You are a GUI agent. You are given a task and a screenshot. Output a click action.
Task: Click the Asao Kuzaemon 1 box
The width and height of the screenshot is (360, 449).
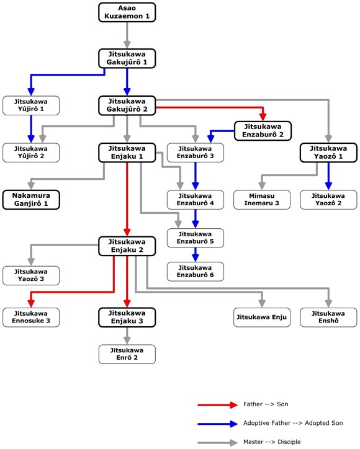coord(127,12)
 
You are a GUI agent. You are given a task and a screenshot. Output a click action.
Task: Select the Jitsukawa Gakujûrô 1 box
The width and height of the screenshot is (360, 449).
coord(127,58)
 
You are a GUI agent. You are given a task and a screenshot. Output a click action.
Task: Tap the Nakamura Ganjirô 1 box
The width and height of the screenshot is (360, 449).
coord(31,200)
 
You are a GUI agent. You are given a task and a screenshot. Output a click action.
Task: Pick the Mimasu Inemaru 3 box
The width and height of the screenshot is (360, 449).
coord(262,200)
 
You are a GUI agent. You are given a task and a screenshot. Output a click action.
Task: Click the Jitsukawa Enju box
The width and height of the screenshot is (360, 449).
coord(262,318)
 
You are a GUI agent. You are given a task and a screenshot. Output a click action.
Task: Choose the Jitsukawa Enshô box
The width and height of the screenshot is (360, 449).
coord(328,318)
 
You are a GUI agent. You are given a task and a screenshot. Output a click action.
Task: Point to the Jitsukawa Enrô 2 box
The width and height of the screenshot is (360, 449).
coord(127,354)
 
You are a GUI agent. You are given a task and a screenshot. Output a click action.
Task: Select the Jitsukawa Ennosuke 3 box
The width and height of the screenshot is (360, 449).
coord(31,318)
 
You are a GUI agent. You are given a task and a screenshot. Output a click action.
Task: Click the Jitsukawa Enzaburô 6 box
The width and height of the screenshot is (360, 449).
coord(195,272)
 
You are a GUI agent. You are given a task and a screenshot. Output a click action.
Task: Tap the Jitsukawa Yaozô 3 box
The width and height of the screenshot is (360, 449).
coord(31,275)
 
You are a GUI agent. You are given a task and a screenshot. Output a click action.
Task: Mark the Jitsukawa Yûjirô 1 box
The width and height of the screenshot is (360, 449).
coord(31,105)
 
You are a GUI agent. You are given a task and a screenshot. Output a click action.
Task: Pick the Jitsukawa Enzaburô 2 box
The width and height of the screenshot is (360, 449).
coord(263,131)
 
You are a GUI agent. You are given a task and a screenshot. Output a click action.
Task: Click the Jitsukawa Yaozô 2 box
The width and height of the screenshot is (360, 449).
coord(328,200)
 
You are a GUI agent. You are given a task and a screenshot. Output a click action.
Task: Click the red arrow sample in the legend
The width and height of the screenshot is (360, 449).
coord(217,405)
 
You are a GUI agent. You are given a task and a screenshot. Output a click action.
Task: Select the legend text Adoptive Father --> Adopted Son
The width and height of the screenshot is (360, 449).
coord(293,423)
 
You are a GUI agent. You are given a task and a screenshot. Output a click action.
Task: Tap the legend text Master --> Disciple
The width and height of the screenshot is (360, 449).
coord(272,442)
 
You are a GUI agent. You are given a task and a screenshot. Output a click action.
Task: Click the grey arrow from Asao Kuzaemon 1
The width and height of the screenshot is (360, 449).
coord(127,35)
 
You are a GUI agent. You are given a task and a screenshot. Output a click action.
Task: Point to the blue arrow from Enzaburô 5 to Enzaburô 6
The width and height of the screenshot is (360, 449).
coord(195,255)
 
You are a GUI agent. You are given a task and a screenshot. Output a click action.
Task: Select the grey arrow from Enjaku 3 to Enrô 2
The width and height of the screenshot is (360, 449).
coord(127,336)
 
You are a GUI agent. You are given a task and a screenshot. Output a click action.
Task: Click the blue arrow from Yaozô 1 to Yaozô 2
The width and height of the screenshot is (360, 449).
coord(328,176)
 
